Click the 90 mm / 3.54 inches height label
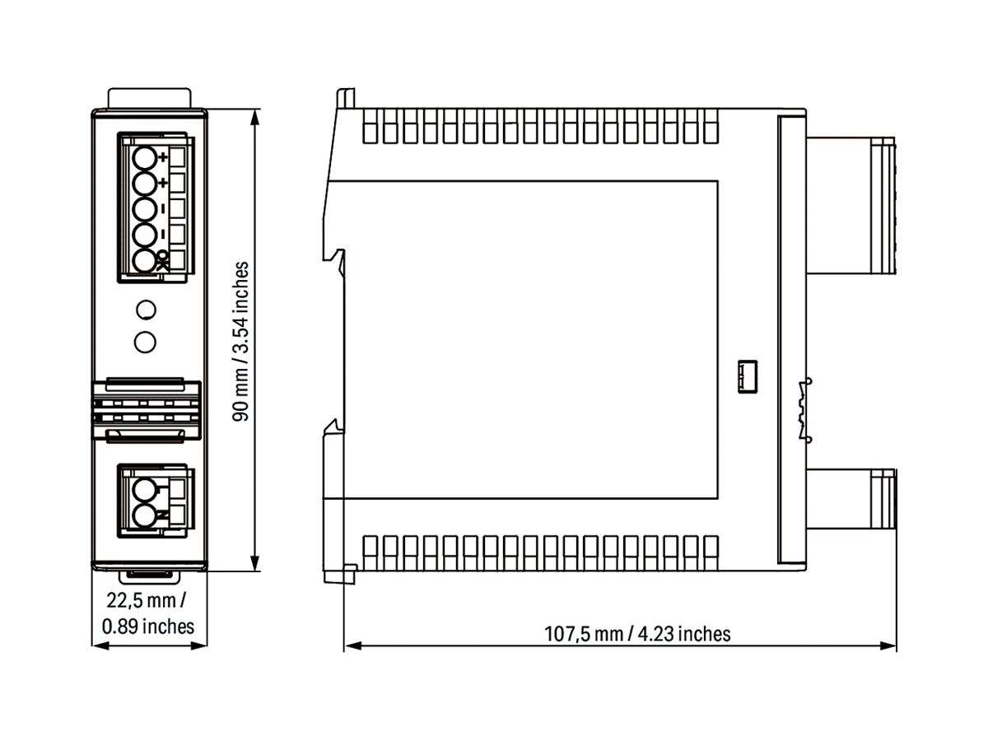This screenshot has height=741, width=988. (x=241, y=341)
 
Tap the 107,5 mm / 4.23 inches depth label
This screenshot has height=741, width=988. (x=637, y=633)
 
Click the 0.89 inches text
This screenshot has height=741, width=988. (x=148, y=626)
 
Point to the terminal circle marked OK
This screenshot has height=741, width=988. (x=145, y=261)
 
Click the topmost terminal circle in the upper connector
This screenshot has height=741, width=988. (x=145, y=157)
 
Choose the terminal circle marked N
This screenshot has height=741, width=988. (x=145, y=516)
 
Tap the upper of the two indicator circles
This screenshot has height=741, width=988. (x=145, y=310)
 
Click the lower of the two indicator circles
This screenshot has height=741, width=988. (x=145, y=340)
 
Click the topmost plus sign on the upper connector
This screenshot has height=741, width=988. (x=162, y=156)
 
